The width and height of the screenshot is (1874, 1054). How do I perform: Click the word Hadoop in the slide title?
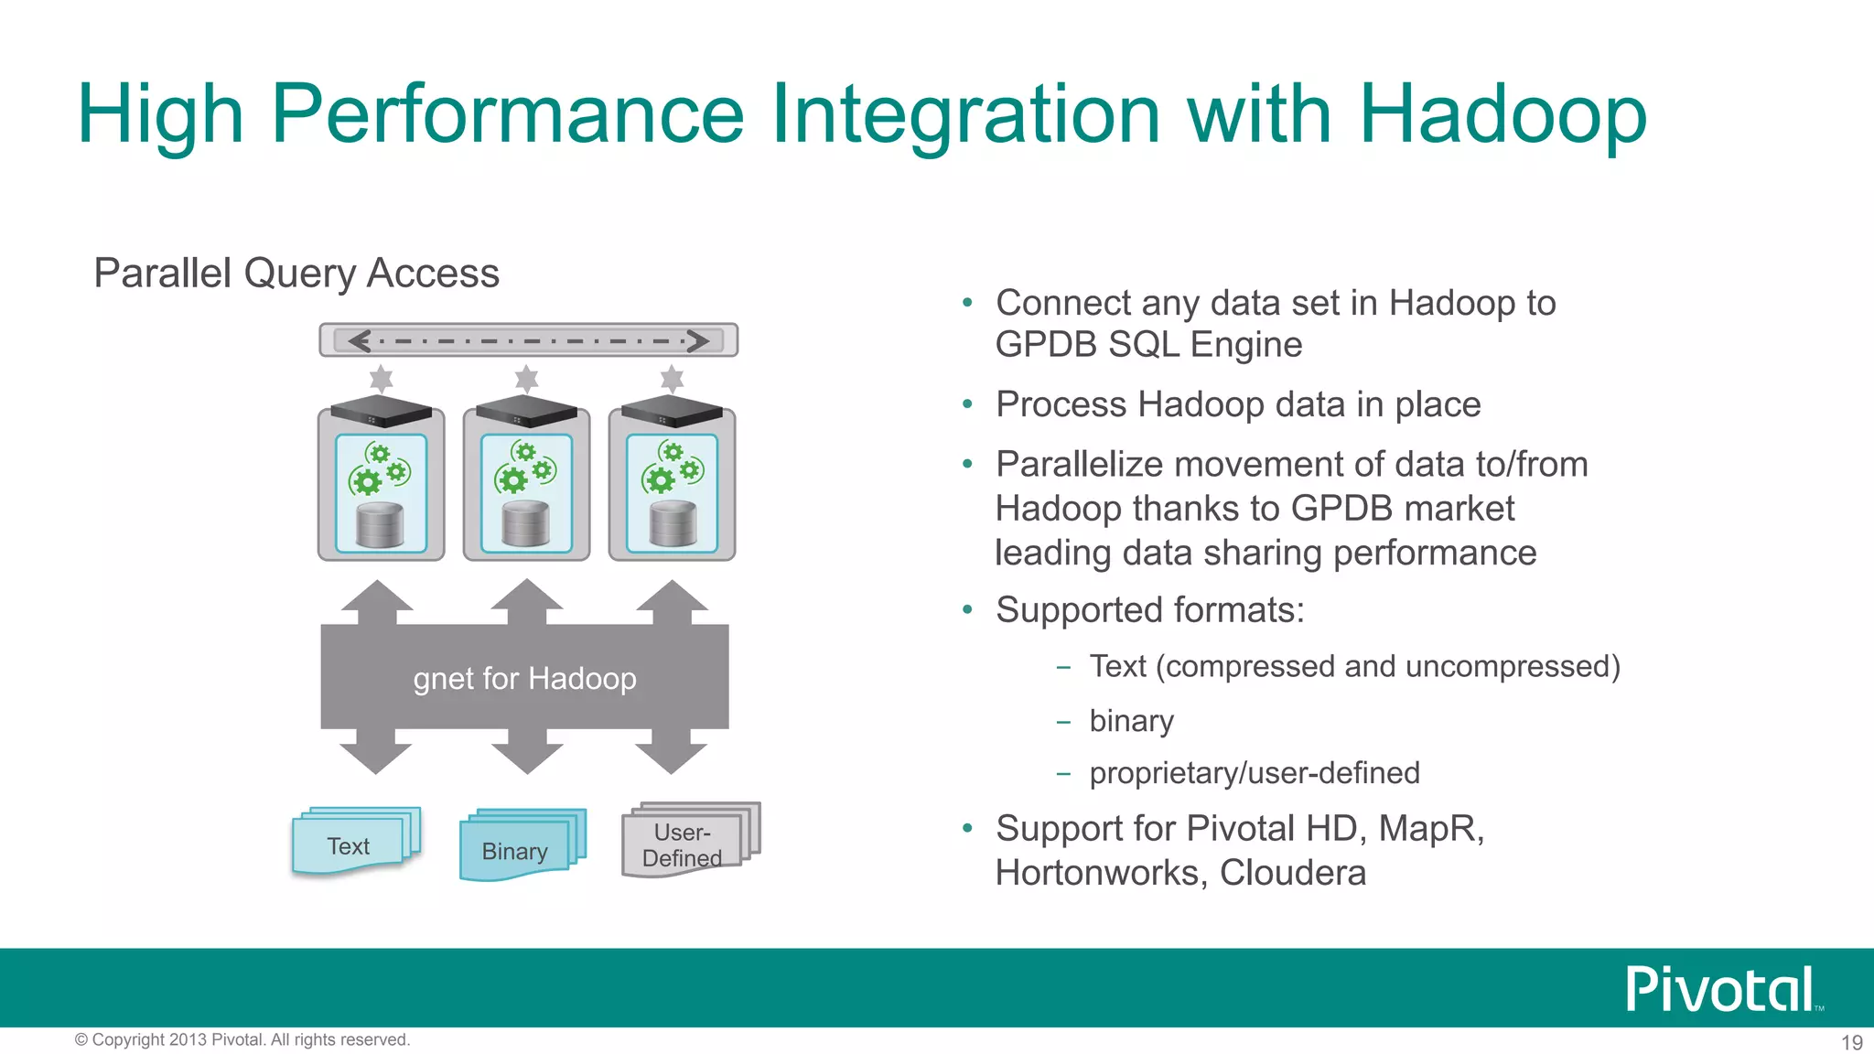(1502, 115)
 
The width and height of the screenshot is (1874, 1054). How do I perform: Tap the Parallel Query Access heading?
(296, 274)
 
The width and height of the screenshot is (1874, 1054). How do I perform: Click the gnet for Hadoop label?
(524, 679)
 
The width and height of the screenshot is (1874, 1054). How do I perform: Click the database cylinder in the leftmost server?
(380, 524)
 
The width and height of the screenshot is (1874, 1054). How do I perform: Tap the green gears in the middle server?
(525, 467)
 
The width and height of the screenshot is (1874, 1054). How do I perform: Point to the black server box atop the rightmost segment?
(672, 413)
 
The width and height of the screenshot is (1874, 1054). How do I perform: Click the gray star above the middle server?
(526, 379)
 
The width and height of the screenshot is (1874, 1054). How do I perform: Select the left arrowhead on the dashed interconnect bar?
(359, 341)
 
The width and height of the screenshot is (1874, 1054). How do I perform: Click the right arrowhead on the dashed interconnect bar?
(698, 341)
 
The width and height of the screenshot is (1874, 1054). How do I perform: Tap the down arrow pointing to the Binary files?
(526, 752)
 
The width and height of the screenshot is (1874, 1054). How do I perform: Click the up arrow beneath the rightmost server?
(673, 599)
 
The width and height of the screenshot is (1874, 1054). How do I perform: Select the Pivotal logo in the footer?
(1721, 989)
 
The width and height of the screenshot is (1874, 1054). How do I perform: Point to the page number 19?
(1851, 1042)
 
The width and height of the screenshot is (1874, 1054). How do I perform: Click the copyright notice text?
(242, 1039)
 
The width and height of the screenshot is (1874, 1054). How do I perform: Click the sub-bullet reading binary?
(1131, 721)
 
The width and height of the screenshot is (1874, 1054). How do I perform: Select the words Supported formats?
(1149, 610)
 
